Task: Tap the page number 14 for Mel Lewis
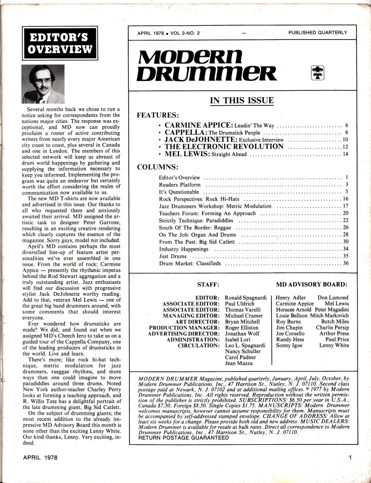point(346,155)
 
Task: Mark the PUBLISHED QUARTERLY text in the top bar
point(317,33)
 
